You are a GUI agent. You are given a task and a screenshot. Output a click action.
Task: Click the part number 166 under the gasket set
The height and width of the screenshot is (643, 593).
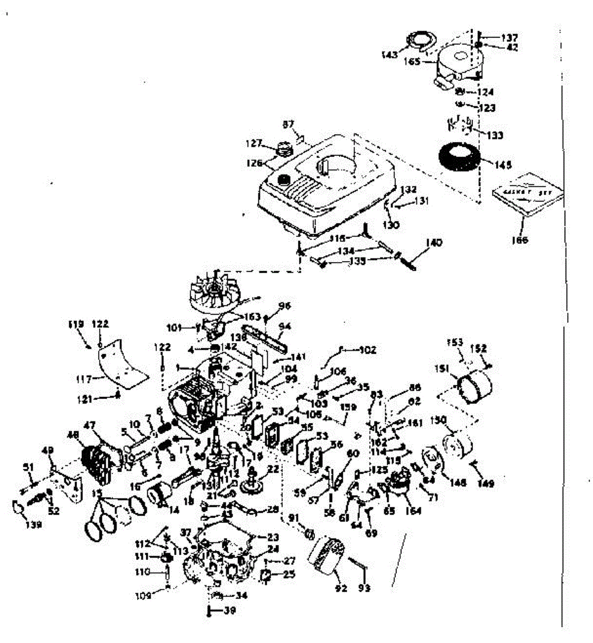tap(520, 240)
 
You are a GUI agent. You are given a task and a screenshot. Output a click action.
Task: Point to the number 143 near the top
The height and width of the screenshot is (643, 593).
tap(390, 55)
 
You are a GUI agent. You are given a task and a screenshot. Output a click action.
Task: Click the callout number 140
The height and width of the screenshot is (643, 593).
tap(433, 243)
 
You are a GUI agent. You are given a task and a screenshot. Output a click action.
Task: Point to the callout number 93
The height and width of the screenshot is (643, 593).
tap(364, 589)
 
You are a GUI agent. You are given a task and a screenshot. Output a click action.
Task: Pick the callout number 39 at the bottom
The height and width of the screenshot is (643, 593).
tap(229, 610)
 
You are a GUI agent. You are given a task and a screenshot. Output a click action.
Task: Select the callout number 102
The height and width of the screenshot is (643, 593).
tap(367, 350)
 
